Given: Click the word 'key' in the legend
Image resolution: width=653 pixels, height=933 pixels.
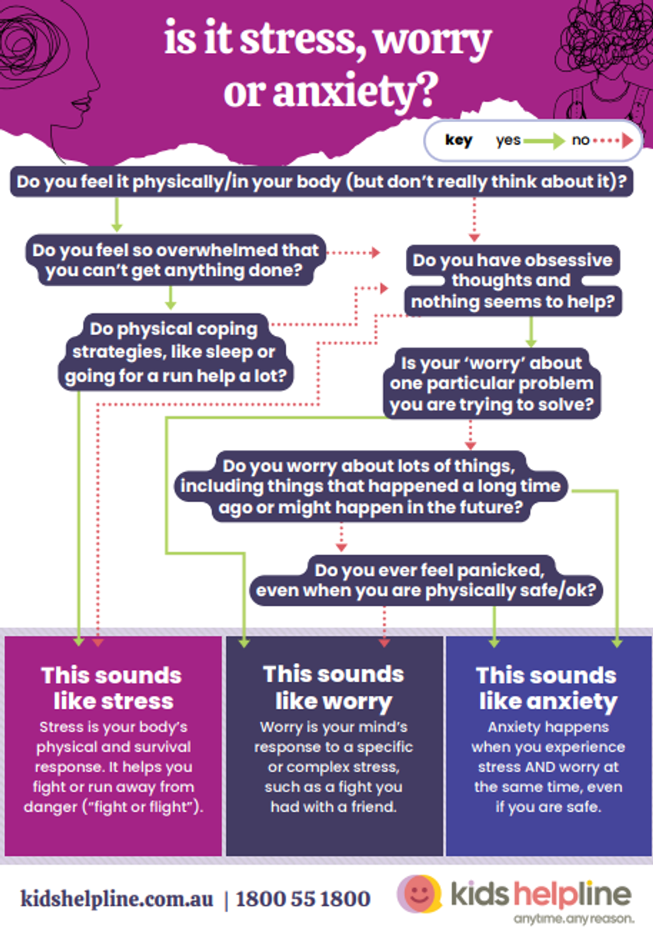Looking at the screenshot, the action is (459, 141).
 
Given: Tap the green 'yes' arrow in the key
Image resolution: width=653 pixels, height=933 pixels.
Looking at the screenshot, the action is (544, 142).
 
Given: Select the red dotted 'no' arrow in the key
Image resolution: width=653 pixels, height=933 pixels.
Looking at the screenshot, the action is (613, 141).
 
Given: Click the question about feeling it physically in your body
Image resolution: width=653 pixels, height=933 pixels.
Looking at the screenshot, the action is (322, 182).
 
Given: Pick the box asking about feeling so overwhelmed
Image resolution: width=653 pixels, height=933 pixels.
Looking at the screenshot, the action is (176, 260).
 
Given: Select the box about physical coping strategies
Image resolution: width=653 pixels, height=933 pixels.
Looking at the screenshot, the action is (176, 352).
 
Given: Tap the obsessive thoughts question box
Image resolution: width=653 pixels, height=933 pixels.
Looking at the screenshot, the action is (512, 281).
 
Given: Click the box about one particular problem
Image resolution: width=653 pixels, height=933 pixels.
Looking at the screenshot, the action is (492, 383).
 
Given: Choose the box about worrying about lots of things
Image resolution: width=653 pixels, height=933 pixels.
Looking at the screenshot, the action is (371, 486).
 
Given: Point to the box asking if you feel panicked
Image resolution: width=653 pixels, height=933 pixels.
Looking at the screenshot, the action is (426, 580).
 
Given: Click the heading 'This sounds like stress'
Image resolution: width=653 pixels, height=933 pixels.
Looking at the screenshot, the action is (112, 687).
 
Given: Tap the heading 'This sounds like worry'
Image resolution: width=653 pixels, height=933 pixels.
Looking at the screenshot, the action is (333, 687).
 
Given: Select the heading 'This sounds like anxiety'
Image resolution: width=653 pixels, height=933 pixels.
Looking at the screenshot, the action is (546, 688).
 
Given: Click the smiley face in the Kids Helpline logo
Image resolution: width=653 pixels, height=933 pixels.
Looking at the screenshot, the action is (419, 893).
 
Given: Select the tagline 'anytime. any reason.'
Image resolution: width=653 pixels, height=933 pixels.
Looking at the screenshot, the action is (574, 919).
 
